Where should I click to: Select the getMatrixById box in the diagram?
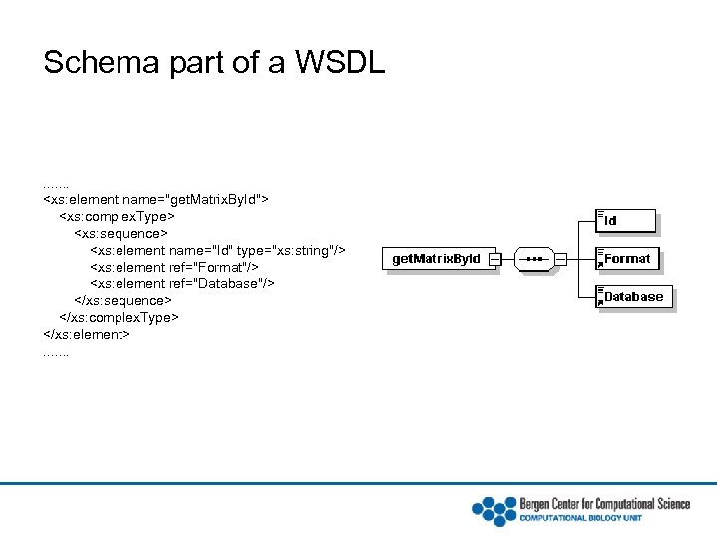click(436, 259)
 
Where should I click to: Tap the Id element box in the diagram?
click(626, 221)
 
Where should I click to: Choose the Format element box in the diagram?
click(626, 259)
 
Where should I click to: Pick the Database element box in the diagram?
click(633, 297)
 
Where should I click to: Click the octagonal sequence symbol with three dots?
click(535, 259)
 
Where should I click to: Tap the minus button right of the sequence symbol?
click(561, 259)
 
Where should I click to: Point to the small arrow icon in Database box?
click(600, 302)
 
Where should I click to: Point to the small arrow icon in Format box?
click(600, 264)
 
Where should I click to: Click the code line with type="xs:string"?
click(217, 250)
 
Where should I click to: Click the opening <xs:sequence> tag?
click(122, 233)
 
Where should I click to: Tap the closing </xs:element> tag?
click(87, 334)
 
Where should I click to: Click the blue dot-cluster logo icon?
click(493, 510)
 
